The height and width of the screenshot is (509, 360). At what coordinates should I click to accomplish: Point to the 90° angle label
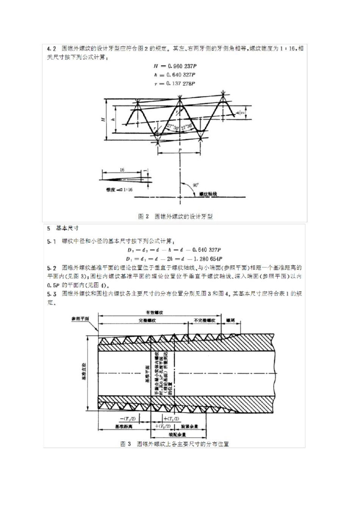(196, 185)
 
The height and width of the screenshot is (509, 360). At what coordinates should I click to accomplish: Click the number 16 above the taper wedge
(122, 170)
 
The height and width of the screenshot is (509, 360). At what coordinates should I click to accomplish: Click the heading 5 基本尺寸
(63, 228)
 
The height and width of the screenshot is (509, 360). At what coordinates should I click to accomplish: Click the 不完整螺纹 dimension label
(205, 320)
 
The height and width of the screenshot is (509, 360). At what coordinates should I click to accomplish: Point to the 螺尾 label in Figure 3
(230, 320)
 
